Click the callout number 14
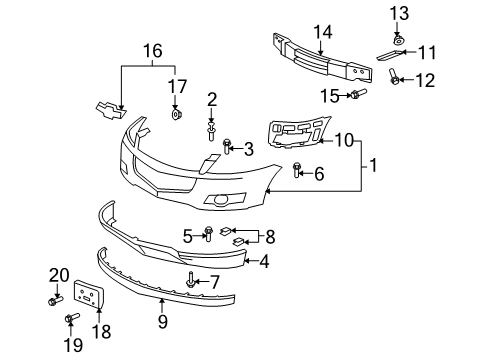322,31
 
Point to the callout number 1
372,161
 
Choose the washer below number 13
397,37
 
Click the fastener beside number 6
298,171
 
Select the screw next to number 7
190,281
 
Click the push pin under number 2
212,129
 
